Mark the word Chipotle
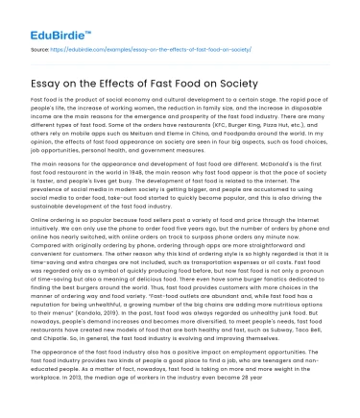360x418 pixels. click(55, 342)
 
